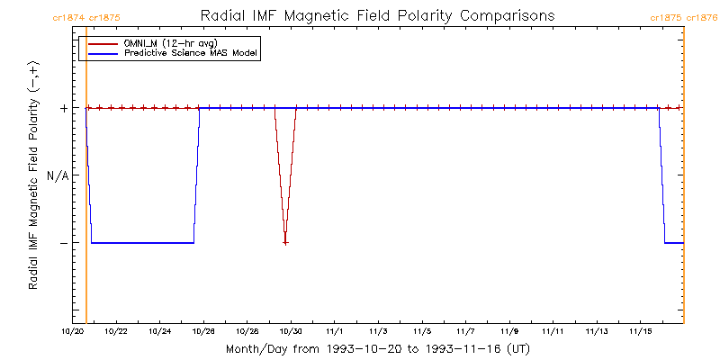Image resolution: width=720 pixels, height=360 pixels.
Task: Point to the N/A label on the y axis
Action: (x=58, y=175)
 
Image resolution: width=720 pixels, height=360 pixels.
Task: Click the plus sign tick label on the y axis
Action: (x=64, y=108)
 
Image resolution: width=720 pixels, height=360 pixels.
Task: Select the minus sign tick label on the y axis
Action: (x=64, y=243)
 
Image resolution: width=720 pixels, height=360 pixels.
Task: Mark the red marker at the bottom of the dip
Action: (x=285, y=243)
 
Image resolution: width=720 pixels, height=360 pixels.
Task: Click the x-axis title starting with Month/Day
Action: (x=377, y=348)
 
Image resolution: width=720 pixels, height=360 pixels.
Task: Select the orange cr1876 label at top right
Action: (x=702, y=17)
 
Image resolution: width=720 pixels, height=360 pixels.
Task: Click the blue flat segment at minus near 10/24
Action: (x=159, y=243)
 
